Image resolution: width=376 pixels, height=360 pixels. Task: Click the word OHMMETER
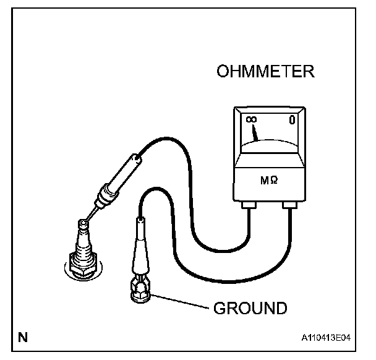pyautogui.click(x=266, y=72)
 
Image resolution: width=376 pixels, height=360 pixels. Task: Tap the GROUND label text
pyautogui.click(x=250, y=307)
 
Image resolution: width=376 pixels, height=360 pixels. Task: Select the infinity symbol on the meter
pyautogui.click(x=250, y=120)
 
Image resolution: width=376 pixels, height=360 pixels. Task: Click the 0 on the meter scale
pyautogui.click(x=291, y=121)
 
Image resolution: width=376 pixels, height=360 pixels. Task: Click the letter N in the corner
pyautogui.click(x=22, y=337)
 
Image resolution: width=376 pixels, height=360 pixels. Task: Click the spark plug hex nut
pyautogui.click(x=82, y=262)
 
